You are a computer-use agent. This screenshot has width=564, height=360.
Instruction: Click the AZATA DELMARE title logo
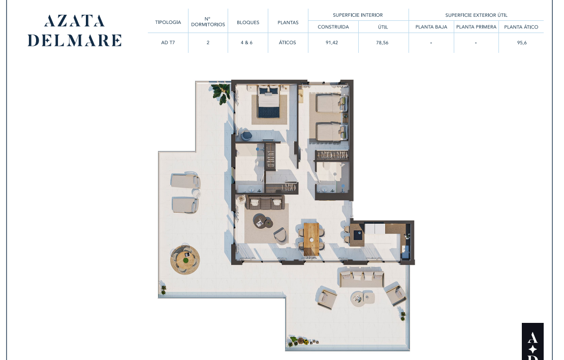click(75, 31)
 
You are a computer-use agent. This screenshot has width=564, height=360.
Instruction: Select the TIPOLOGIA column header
click(168, 22)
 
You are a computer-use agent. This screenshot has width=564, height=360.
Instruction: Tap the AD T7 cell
click(168, 43)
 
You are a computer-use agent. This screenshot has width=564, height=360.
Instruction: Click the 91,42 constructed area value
click(332, 43)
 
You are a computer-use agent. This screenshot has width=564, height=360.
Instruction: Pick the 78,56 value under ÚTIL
click(382, 43)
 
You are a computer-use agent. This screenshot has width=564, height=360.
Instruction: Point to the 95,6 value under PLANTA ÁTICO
click(522, 43)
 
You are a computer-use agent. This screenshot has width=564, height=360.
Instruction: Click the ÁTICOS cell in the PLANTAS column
click(288, 43)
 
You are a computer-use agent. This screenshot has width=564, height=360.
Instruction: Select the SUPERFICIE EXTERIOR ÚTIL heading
click(476, 15)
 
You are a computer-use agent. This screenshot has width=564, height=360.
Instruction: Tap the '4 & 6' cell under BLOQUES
click(246, 43)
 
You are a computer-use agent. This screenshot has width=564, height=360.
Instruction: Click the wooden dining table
click(311, 239)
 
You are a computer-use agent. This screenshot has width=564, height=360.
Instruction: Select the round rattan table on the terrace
click(185, 259)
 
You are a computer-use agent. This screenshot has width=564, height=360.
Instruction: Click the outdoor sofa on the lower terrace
click(361, 278)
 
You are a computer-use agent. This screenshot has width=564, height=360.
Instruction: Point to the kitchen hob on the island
click(358, 235)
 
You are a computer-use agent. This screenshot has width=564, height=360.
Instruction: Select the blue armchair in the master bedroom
click(247, 135)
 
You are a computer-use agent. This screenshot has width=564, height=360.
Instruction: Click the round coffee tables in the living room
click(263, 221)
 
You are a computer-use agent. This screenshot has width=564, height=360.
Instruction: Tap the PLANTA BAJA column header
click(431, 27)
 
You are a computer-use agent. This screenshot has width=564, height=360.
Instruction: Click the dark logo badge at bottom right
click(532, 341)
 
